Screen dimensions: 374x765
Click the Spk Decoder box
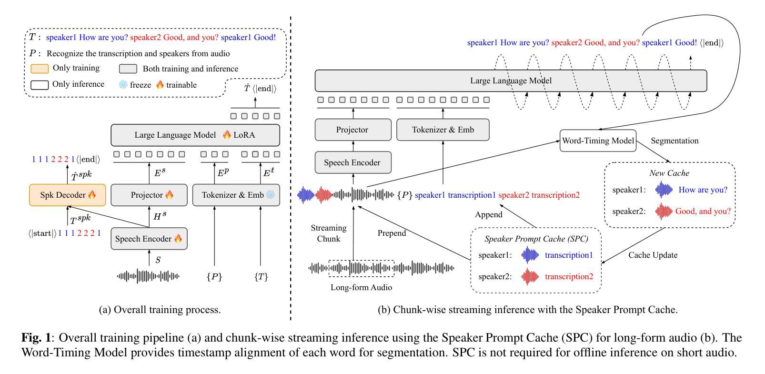[x=67, y=195]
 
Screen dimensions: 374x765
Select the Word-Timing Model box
[x=598, y=141]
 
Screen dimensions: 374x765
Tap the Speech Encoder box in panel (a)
[x=149, y=239]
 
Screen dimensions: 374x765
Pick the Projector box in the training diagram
[x=149, y=195]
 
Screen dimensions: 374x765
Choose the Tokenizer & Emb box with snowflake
[x=236, y=195]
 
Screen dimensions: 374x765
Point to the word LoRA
[x=244, y=135]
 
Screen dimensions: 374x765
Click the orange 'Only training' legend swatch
[x=40, y=69]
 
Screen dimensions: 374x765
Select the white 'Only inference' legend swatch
[x=40, y=85]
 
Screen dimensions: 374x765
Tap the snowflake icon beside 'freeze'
[x=123, y=85]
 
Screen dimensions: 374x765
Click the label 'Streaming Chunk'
[x=328, y=233]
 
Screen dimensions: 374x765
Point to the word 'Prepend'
[x=392, y=233]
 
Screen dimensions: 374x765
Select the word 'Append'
[x=488, y=214]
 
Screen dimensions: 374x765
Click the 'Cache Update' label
[x=653, y=255]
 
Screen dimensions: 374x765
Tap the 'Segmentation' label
[x=674, y=141]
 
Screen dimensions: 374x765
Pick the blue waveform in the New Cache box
[x=664, y=190]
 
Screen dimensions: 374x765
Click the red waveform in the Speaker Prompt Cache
[x=530, y=276]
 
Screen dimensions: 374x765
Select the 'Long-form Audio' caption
[x=361, y=287]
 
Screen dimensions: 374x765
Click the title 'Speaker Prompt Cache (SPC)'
[x=536, y=239]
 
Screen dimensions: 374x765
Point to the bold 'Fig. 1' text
[x=36, y=338]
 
